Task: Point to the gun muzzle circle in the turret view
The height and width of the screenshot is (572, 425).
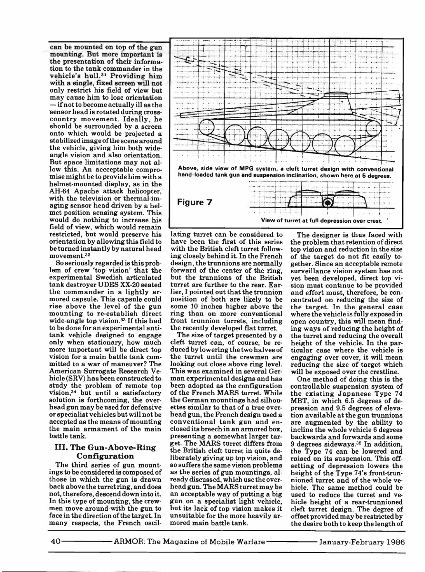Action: [327, 203]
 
